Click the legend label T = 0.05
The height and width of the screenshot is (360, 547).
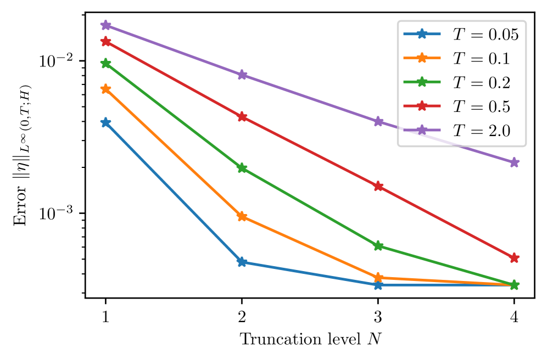pos(485,35)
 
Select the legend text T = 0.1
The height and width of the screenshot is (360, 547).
pos(481,59)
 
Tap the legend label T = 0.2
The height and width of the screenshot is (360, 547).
pos(481,83)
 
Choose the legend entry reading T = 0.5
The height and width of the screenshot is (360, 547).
pos(481,106)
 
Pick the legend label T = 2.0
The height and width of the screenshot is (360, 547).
pos(481,131)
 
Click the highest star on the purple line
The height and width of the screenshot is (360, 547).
pos(106,25)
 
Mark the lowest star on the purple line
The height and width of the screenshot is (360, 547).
pos(514,162)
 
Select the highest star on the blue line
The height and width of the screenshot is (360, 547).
pos(106,122)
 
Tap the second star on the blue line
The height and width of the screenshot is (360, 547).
pos(242,262)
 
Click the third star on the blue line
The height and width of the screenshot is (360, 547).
pos(378,285)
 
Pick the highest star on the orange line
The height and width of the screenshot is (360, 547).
pos(106,89)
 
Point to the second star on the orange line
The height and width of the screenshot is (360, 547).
pos(242,216)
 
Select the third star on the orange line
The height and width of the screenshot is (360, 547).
pos(378,278)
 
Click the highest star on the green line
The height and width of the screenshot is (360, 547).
pos(106,64)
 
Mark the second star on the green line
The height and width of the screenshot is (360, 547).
pos(242,168)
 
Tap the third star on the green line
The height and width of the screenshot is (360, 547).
pos(378,246)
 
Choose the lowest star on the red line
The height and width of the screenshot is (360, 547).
pos(514,258)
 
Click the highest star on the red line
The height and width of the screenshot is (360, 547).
pos(106,42)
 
